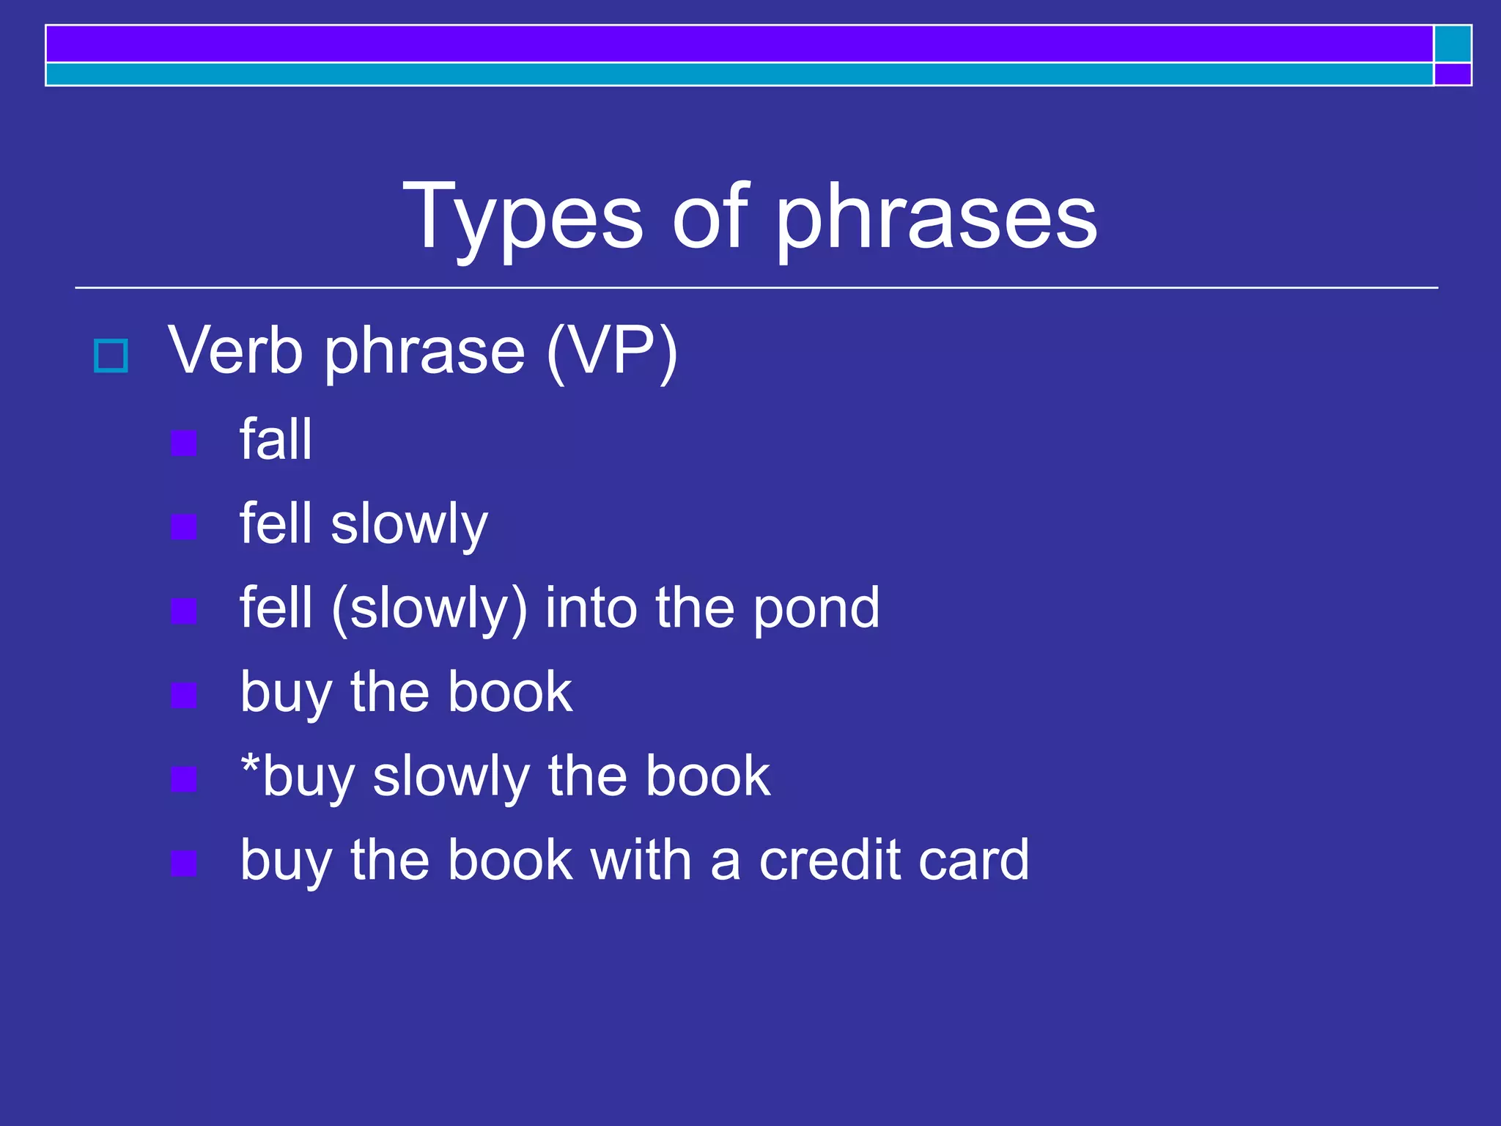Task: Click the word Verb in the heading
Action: pyautogui.click(x=235, y=351)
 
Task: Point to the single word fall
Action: pyautogui.click(x=276, y=440)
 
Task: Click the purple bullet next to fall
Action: pyautogui.click(x=183, y=443)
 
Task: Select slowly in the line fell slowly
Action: pyautogui.click(x=409, y=525)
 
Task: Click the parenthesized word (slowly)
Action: pyautogui.click(x=429, y=609)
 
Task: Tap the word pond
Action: pyautogui.click(x=816, y=609)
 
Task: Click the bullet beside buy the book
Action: pyautogui.click(x=183, y=695)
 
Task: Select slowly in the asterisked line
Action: pyautogui.click(x=451, y=777)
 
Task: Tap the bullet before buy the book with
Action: pyautogui.click(x=183, y=863)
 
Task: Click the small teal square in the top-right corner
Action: pyautogui.click(x=1453, y=44)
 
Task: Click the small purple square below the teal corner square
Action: pyautogui.click(x=1453, y=74)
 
